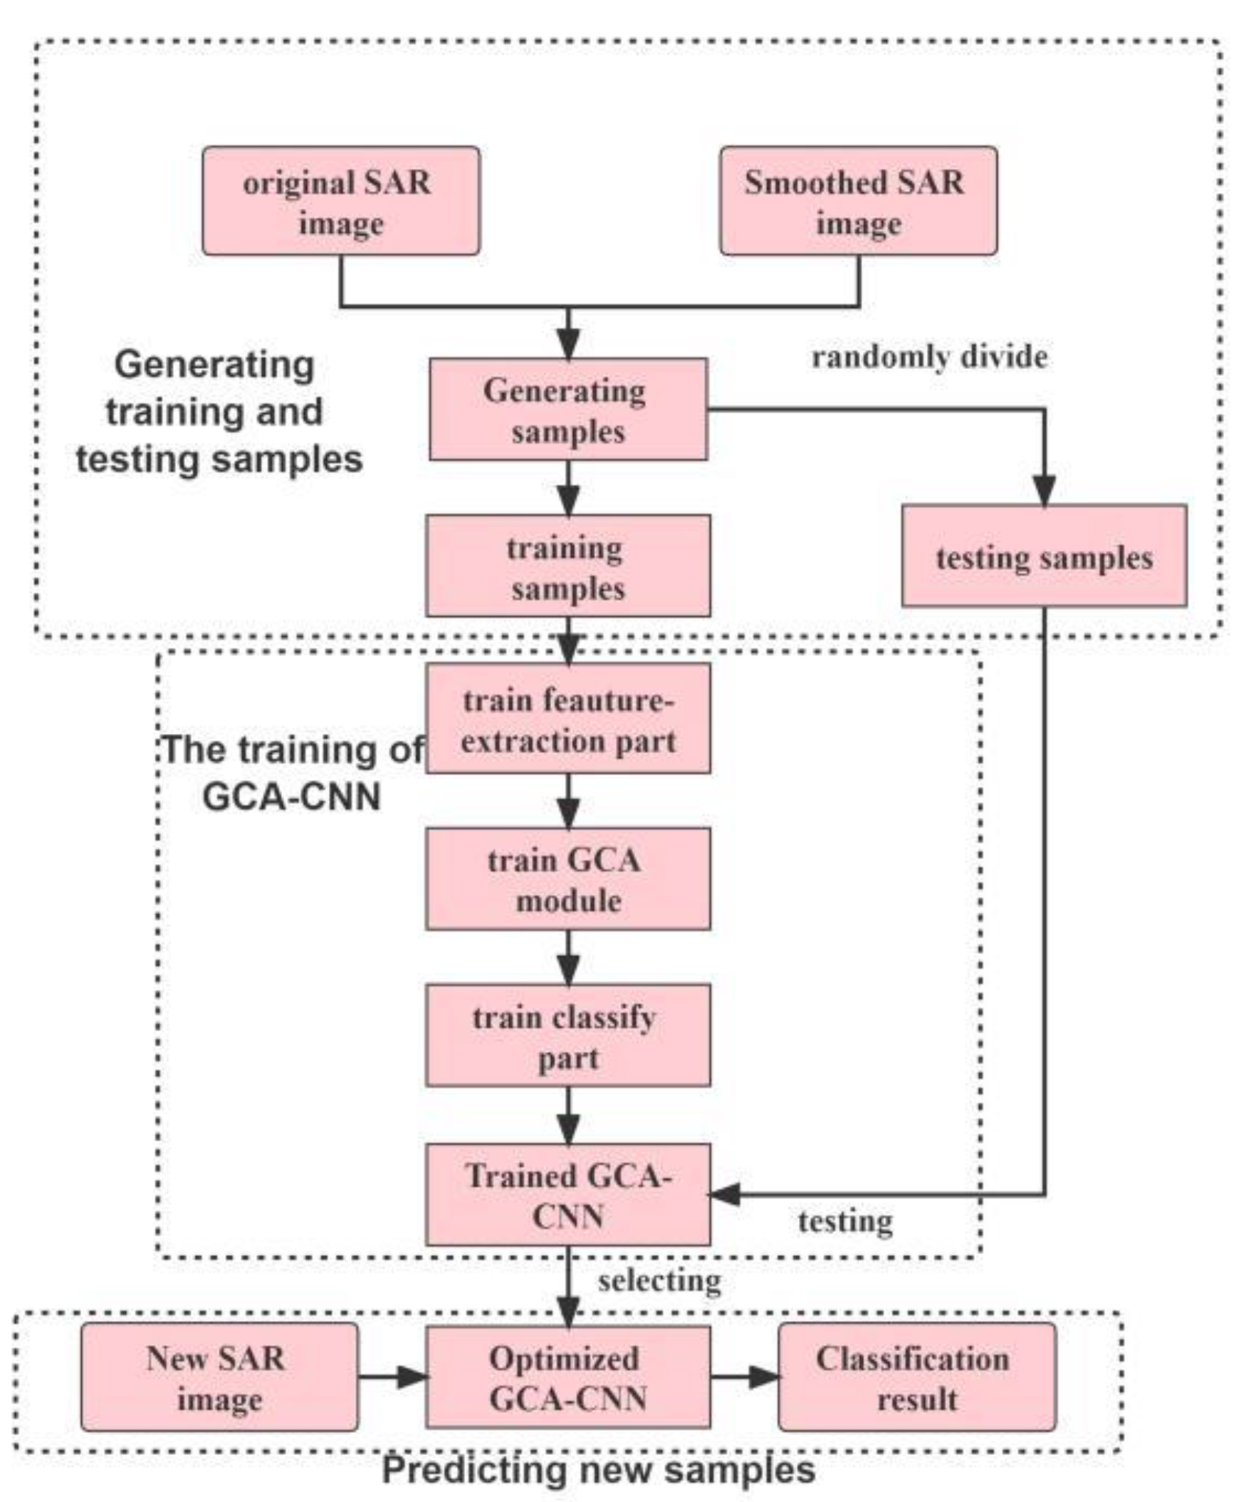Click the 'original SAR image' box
(x=340, y=201)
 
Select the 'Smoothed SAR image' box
(x=858, y=201)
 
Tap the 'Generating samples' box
(x=567, y=409)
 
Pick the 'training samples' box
(x=567, y=565)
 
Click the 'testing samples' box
(x=1044, y=556)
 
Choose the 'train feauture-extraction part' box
(x=567, y=718)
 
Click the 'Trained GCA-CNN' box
(x=567, y=1195)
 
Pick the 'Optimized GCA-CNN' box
(x=567, y=1377)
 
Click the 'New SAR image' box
(x=219, y=1377)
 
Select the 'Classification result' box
(x=916, y=1377)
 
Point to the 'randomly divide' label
(x=929, y=356)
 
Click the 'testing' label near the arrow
(x=845, y=1222)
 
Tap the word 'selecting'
(x=659, y=1280)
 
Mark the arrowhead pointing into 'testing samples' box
(x=1044, y=490)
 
